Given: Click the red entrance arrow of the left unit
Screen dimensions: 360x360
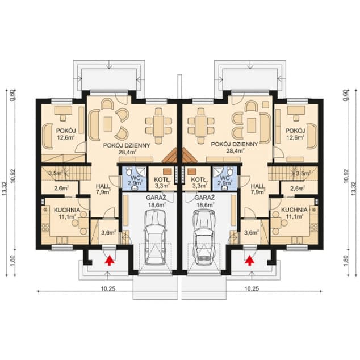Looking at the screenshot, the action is click(110, 261).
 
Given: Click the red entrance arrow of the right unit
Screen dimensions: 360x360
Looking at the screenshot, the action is click(250, 261).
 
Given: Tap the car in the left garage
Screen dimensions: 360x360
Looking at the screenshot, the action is click(156, 237).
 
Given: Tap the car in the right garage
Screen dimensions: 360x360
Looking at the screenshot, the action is click(204, 237).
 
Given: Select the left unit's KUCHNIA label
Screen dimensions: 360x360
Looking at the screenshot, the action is click(67, 210).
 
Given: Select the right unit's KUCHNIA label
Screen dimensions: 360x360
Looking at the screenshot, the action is click(294, 210).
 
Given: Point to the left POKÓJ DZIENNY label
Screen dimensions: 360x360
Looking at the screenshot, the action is click(127, 145).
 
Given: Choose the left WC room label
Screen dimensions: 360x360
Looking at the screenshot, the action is click(135, 177).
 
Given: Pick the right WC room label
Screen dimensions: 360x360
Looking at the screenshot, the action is click(224, 177).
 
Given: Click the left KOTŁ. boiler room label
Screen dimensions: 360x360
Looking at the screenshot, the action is click(162, 179).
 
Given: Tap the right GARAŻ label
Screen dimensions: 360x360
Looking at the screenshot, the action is click(204, 198).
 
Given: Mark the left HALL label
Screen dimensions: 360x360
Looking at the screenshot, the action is click(103, 186).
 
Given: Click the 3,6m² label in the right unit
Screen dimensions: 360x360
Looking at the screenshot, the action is click(252, 233).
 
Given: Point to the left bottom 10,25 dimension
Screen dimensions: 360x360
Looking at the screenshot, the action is click(108, 289).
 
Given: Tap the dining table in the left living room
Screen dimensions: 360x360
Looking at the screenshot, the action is click(158, 126).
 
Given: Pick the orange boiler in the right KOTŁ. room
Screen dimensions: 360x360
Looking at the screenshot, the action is click(192, 171).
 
